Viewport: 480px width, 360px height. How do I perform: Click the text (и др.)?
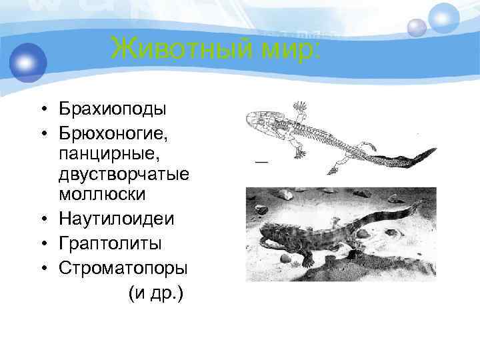[x=156, y=293]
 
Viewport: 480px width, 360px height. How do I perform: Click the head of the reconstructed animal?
[x=267, y=233]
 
